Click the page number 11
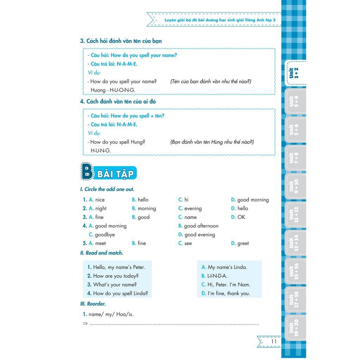point(274,341)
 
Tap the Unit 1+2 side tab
point(294,73)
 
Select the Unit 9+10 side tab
point(294,186)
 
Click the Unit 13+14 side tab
point(294,243)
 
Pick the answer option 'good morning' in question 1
point(253,200)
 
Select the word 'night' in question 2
point(101,208)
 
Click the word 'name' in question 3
point(190,217)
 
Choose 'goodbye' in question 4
point(105,234)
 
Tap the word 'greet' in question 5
point(243,243)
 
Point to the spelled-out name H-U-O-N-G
point(122,90)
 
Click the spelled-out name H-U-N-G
point(101,150)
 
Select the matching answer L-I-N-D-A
point(217,276)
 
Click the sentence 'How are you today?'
point(116,276)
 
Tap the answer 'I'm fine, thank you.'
point(229,293)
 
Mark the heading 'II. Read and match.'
point(102,253)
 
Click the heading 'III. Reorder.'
point(93,304)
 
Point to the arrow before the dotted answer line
point(85,323)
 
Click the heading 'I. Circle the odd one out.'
point(107,189)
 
